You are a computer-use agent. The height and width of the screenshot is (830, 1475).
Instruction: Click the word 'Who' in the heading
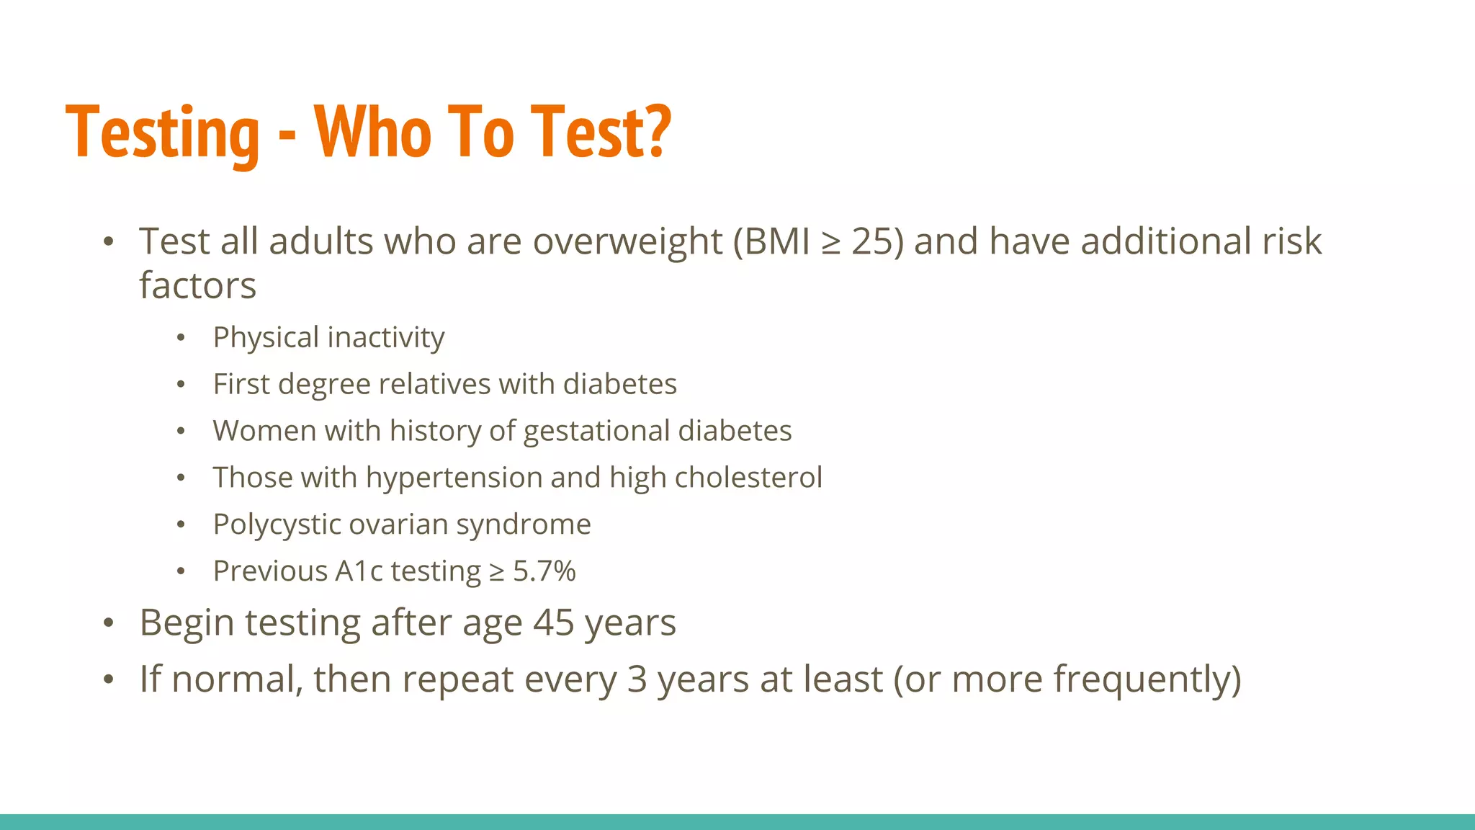pos(373,133)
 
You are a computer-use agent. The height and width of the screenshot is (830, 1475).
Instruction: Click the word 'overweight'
pos(627,241)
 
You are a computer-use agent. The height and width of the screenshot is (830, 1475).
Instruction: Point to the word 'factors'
pos(197,286)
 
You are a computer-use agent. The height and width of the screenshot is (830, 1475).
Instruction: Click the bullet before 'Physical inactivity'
pos(181,338)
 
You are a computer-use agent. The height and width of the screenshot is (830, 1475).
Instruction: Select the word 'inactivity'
pos(386,338)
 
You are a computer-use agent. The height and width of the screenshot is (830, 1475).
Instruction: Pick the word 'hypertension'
pos(453,478)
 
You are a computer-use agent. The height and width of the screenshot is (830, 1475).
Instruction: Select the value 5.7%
pos(544,571)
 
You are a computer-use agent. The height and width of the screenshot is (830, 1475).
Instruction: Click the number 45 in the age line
pos(553,622)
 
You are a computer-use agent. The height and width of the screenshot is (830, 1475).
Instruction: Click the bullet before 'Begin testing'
pos(108,623)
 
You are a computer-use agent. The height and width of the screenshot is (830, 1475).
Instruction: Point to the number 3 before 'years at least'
pos(637,679)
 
